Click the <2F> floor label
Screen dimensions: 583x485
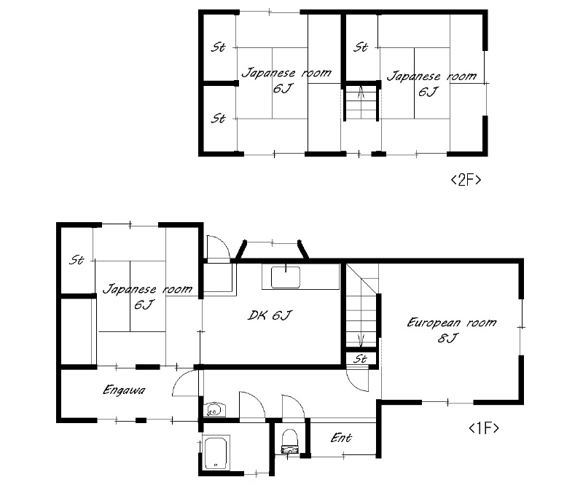[x=466, y=180]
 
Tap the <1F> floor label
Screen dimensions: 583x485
[x=483, y=428]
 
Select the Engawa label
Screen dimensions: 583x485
[x=124, y=390]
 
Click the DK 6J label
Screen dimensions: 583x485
[x=270, y=315]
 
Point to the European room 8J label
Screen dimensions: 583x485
[x=451, y=330]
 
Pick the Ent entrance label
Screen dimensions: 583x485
[x=341, y=438]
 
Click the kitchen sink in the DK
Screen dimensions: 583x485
[x=286, y=277]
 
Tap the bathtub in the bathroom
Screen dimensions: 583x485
[x=216, y=454]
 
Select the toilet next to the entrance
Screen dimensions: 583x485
[x=290, y=441]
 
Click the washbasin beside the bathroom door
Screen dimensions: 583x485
[x=214, y=410]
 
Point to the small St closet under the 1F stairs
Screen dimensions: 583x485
[x=360, y=358]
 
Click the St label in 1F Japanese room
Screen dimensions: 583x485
[x=77, y=260]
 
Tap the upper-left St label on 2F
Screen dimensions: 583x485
[x=218, y=47]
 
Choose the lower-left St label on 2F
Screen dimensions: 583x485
[x=218, y=119]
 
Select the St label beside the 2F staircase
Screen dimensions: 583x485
[x=361, y=47]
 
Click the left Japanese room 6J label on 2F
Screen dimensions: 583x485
[x=286, y=80]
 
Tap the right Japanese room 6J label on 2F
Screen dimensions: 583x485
[x=431, y=84]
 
